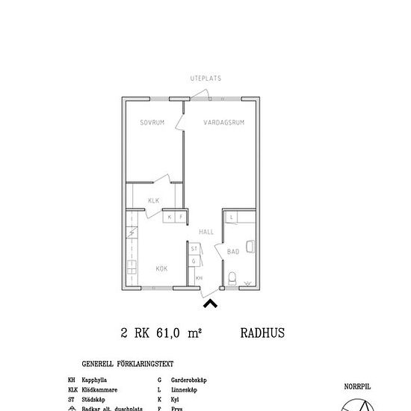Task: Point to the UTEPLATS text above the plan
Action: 205,78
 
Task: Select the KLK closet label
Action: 153,200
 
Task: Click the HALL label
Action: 206,232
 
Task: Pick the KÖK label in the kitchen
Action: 161,267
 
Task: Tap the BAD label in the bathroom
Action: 233,252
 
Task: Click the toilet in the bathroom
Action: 233,279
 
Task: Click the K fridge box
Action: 170,217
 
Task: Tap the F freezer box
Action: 180,217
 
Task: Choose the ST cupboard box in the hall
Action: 194,248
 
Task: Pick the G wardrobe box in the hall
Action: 194,261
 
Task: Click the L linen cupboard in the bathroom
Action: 232,217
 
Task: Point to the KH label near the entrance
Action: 199,278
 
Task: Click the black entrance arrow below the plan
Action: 211,303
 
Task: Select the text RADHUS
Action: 264,333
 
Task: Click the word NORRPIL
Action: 356,387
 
